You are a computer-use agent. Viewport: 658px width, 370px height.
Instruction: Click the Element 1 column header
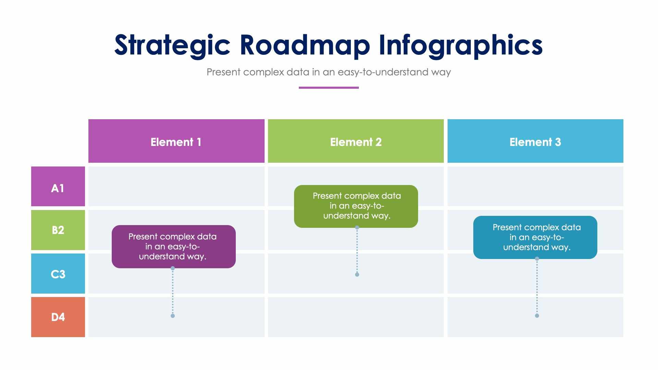point(176,141)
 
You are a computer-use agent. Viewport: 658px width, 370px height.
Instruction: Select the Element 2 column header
point(356,141)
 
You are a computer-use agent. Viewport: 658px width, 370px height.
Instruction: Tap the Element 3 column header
point(535,141)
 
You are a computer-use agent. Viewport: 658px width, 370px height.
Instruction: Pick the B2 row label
point(58,230)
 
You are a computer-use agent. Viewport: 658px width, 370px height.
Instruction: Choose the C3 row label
point(58,274)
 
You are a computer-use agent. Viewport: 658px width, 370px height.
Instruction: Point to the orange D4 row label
point(58,317)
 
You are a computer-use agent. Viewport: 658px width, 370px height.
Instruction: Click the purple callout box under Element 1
point(173,247)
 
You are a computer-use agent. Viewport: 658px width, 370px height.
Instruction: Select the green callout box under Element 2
point(356,206)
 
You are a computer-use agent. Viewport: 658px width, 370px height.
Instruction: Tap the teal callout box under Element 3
point(535,237)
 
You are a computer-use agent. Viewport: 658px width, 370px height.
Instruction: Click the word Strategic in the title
point(172,45)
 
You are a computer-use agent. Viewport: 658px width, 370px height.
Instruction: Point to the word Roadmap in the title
point(305,45)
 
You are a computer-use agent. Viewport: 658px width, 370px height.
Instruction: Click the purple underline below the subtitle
point(329,88)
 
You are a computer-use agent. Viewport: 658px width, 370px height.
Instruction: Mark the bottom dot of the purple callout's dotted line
point(173,316)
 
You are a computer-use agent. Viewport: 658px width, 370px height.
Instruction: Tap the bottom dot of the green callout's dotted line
point(357,274)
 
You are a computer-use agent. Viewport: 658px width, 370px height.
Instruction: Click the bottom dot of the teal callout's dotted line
point(537,316)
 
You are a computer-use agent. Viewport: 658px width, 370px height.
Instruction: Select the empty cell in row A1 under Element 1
point(176,186)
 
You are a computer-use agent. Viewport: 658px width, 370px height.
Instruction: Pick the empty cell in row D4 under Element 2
point(356,317)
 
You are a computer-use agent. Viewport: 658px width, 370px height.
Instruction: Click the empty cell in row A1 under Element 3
point(535,186)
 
